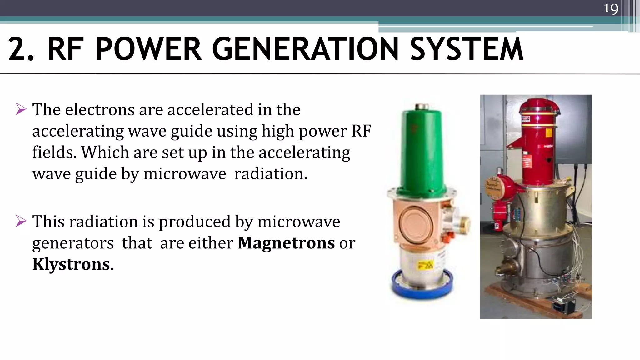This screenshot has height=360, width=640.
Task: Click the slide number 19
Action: tap(611, 8)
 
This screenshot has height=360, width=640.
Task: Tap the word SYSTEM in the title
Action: tap(467, 49)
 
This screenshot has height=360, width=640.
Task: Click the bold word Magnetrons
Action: tap(286, 243)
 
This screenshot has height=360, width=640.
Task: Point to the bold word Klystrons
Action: tap(71, 264)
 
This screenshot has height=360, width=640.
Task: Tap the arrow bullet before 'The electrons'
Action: tap(21, 109)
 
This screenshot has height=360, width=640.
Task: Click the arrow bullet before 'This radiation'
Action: tap(21, 221)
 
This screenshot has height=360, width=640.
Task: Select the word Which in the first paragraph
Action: tap(105, 152)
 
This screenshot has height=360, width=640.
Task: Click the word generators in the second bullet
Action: tap(73, 243)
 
